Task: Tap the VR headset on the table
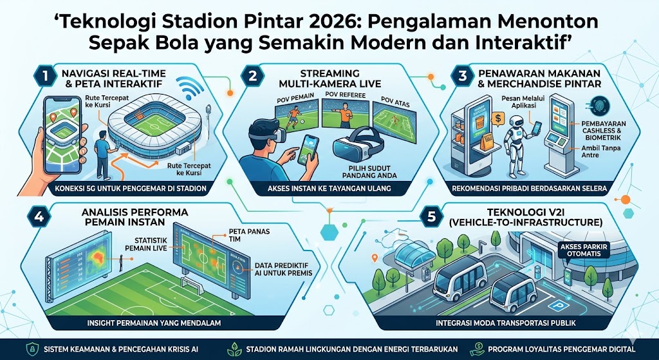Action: click(360, 147)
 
